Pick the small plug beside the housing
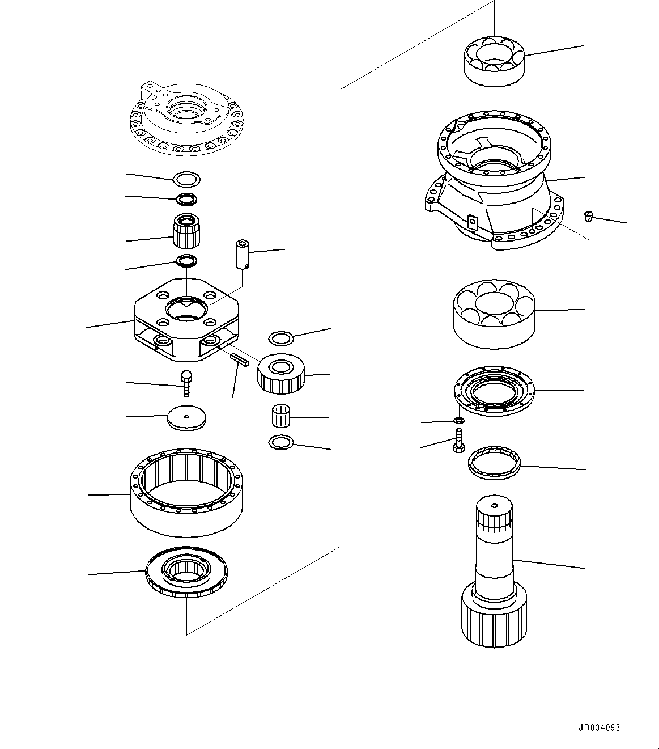click(589, 216)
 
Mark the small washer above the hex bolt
click(460, 420)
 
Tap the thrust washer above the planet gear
click(280, 338)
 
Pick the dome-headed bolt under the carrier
click(186, 383)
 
